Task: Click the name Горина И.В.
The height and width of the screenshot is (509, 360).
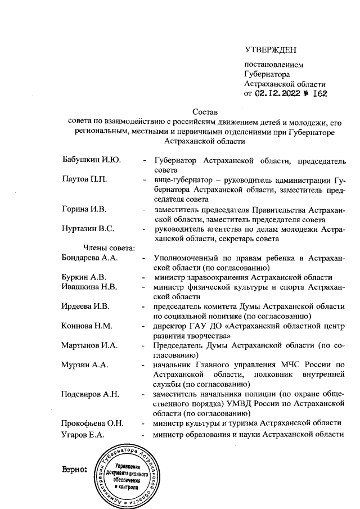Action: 84,209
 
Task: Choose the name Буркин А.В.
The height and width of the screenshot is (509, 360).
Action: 83,277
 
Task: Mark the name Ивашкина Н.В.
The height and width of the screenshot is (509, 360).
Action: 89,286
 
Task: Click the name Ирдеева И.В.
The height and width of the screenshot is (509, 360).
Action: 85,306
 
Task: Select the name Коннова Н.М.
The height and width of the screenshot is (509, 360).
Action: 87,326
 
